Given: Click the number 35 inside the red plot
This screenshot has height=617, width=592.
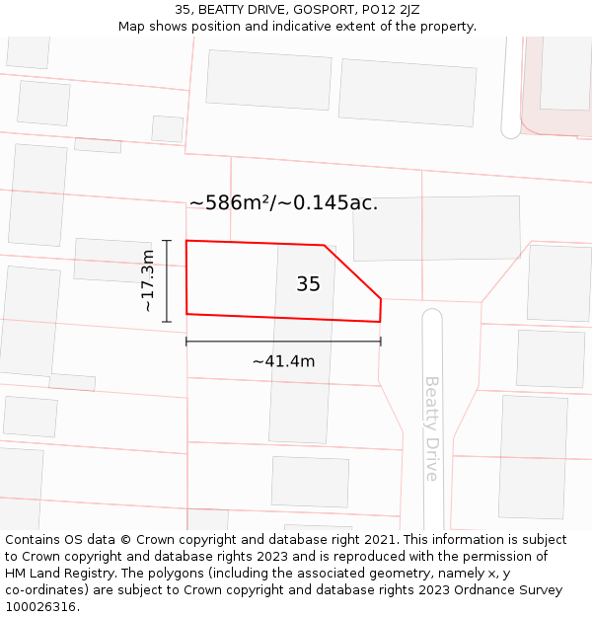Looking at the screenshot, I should pyautogui.click(x=308, y=284).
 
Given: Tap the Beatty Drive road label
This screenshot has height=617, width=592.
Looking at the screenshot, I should pyautogui.click(x=431, y=427).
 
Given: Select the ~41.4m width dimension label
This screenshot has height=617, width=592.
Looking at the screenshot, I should pyautogui.click(x=283, y=361).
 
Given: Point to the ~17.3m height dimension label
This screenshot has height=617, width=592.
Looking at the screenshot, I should pyautogui.click(x=148, y=281).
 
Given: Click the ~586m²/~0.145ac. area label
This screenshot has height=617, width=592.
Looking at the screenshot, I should pyautogui.click(x=283, y=203).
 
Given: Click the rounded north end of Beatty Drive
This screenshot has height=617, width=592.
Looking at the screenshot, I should pyautogui.click(x=432, y=318).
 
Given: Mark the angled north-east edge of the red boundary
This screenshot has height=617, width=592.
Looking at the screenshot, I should pyautogui.click(x=353, y=271).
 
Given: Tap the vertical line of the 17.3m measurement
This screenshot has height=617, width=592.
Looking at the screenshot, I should pyautogui.click(x=167, y=281).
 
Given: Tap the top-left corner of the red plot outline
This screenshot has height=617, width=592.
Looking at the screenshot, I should pyautogui.click(x=186, y=241).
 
